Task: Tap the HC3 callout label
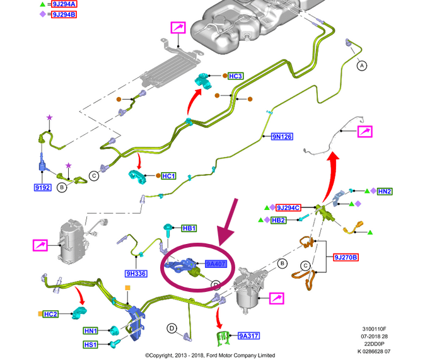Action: point(235,76)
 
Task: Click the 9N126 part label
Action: point(282,136)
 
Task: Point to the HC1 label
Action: point(168,175)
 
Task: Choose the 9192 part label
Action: point(42,187)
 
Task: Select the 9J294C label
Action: point(289,207)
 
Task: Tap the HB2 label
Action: point(279,219)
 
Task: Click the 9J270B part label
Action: point(346,257)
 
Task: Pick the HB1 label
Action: point(189,228)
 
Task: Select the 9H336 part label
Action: point(136,274)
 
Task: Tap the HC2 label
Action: point(51,314)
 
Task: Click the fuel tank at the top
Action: point(240,25)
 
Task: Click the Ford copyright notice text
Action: point(210,355)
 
